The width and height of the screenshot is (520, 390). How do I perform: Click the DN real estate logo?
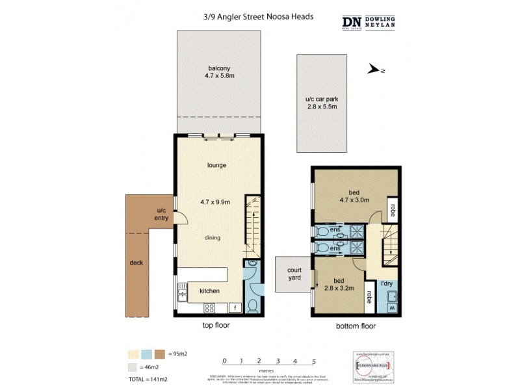point(352,22)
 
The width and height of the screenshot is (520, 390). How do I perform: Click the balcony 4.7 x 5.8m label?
point(219,72)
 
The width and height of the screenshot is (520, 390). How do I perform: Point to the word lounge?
point(216,165)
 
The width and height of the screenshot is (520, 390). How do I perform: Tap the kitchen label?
point(209,291)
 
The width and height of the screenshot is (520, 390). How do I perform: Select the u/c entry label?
point(162,214)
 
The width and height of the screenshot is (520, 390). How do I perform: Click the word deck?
point(136,263)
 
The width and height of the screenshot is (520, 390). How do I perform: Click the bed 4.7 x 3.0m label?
point(355,196)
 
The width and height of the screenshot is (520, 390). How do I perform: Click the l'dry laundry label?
point(387,283)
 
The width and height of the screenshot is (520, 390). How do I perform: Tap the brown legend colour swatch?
point(159,354)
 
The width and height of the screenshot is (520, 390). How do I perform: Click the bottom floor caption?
point(356,326)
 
